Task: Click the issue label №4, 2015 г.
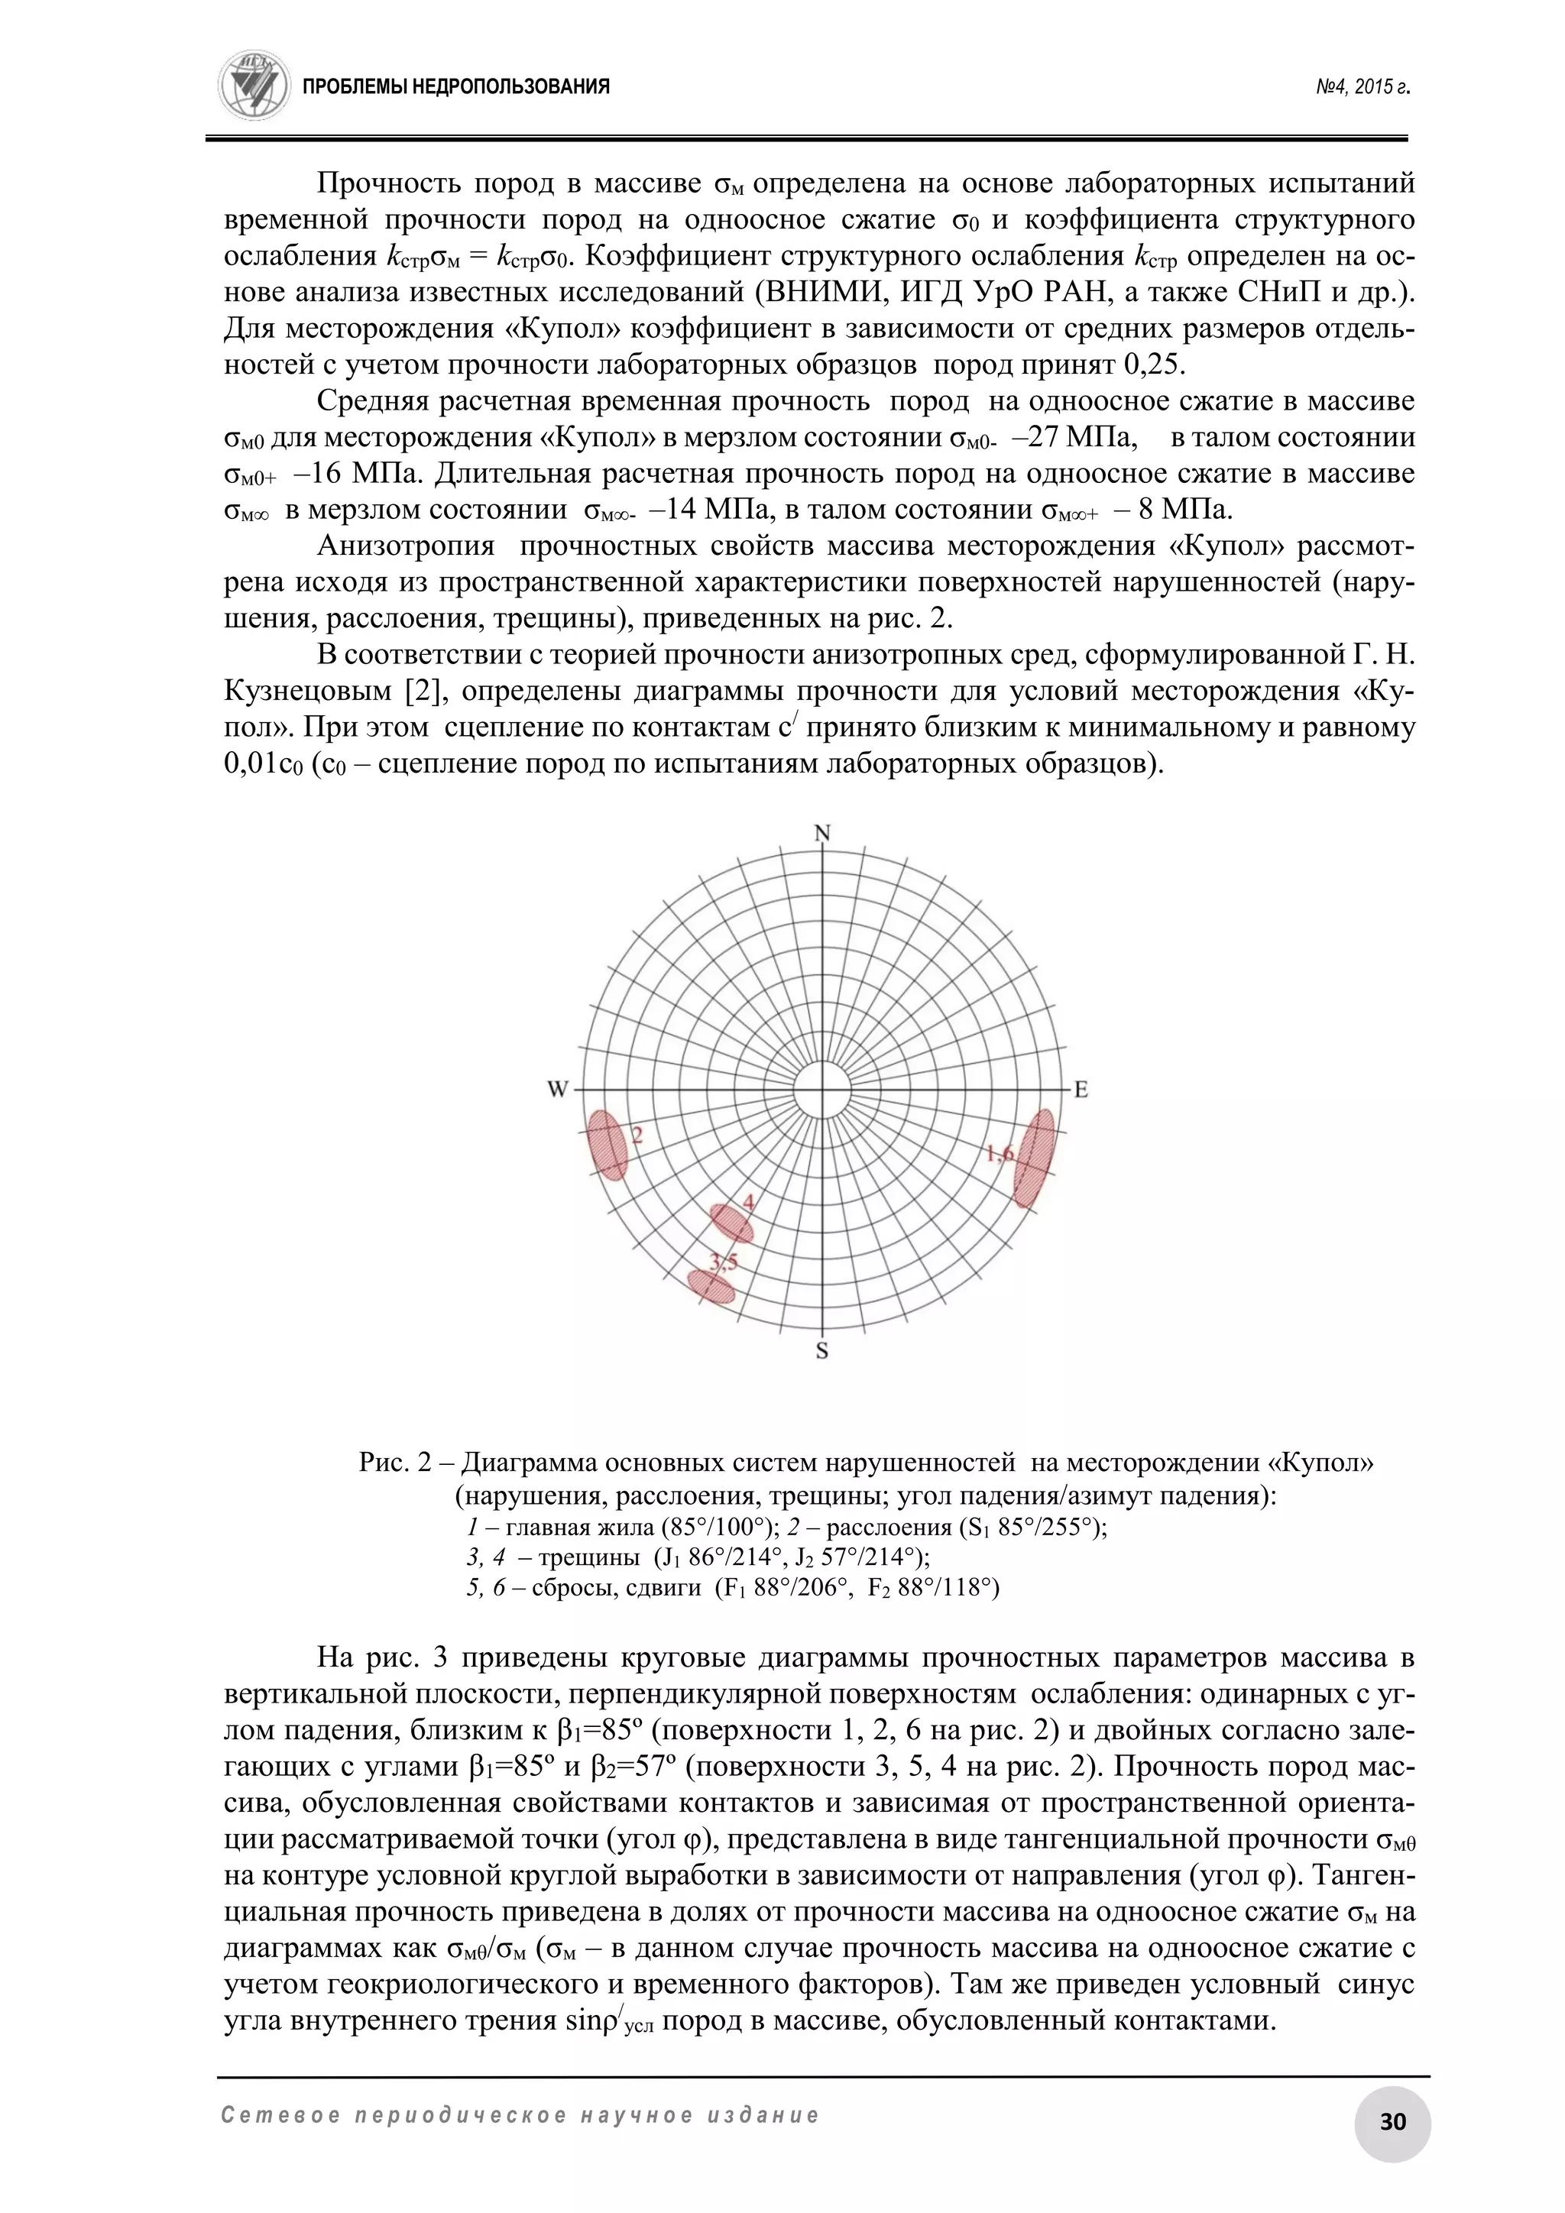[x=1362, y=88]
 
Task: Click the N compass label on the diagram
[x=822, y=834]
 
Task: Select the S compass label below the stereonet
[x=822, y=1351]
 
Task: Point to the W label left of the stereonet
[x=558, y=1090]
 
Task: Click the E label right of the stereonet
[x=1081, y=1090]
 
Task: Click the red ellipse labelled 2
[x=607, y=1144]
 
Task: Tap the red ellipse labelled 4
[x=731, y=1223]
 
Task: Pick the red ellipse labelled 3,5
[x=711, y=1286]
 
